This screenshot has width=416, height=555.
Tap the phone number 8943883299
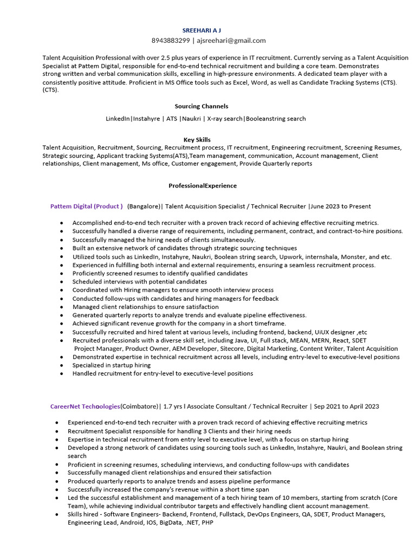point(171,40)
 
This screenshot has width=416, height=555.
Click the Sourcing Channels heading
point(201,106)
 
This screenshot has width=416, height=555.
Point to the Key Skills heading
point(197,139)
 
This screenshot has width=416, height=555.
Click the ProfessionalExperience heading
point(202,185)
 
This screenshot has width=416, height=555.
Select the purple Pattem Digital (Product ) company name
point(86,206)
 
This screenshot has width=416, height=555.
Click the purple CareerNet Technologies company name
point(85,406)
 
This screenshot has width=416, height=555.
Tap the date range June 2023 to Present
point(341,206)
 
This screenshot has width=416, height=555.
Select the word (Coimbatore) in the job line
point(140,406)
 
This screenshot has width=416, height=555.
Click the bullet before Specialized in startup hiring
point(62,365)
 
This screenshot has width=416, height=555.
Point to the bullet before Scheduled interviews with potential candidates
point(62,282)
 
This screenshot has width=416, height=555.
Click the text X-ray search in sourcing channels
point(225,118)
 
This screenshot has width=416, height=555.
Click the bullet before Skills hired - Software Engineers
point(57,515)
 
